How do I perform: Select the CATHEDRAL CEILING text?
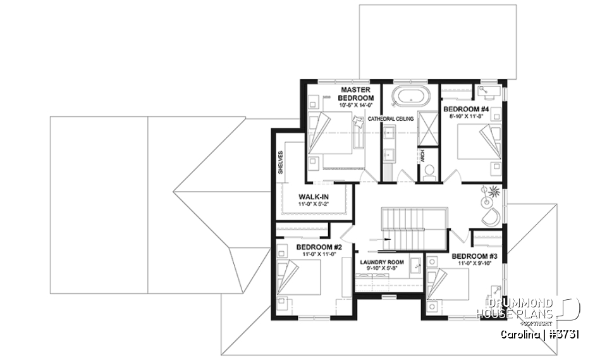[x=391, y=118]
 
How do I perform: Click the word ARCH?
[x=422, y=154]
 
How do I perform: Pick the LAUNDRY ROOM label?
[x=381, y=262]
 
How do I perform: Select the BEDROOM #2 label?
[x=319, y=247]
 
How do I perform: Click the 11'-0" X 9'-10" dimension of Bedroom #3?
[x=473, y=264]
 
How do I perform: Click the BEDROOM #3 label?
[x=473, y=257]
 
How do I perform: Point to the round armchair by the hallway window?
[x=489, y=217]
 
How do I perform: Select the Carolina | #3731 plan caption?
[x=540, y=333]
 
